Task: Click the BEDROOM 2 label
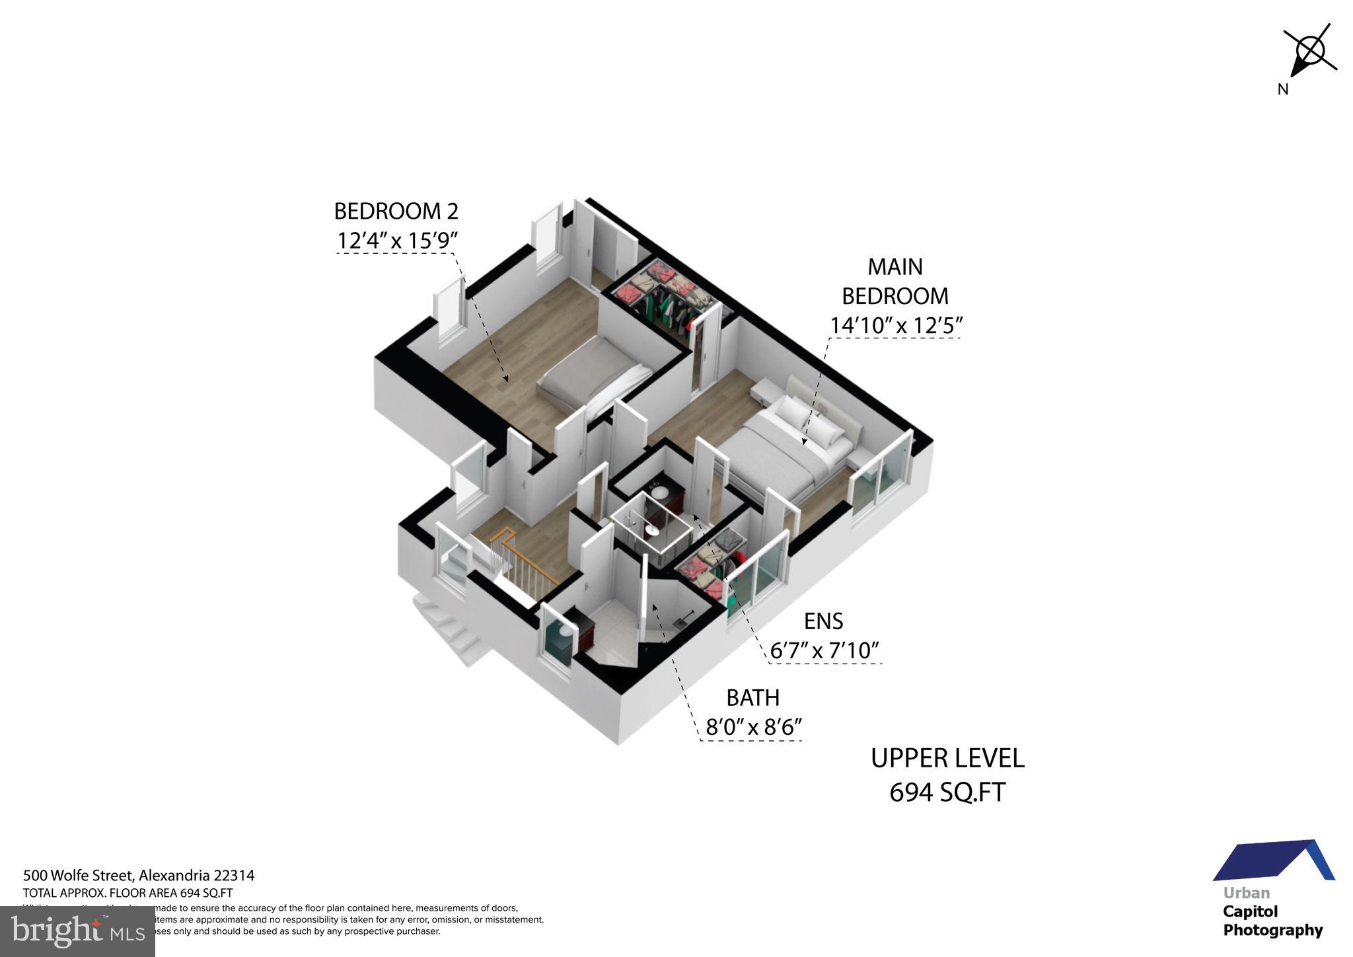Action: click(396, 211)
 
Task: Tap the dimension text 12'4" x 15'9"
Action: click(397, 241)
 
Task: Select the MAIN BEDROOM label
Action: click(895, 281)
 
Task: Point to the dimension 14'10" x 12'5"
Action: click(896, 325)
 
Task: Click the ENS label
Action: click(823, 621)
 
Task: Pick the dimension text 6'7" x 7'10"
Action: click(824, 651)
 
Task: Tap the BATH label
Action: click(752, 698)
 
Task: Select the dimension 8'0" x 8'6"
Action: click(753, 728)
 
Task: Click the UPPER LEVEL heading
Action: click(947, 758)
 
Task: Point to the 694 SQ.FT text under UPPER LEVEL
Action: click(947, 792)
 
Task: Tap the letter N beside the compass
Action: click(1282, 91)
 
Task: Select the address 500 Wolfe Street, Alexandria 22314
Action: click(139, 876)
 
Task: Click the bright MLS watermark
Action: click(78, 931)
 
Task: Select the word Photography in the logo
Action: click(1272, 931)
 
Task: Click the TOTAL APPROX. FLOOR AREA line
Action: click(128, 892)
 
